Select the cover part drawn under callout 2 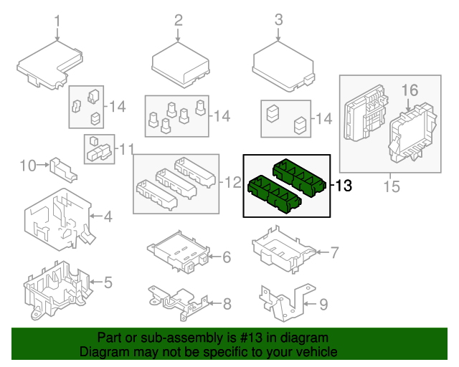click(179, 64)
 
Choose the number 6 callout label click(226, 257)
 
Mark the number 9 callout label click(323, 305)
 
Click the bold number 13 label click(343, 186)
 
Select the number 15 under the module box click(391, 188)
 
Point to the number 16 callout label click(409, 90)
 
